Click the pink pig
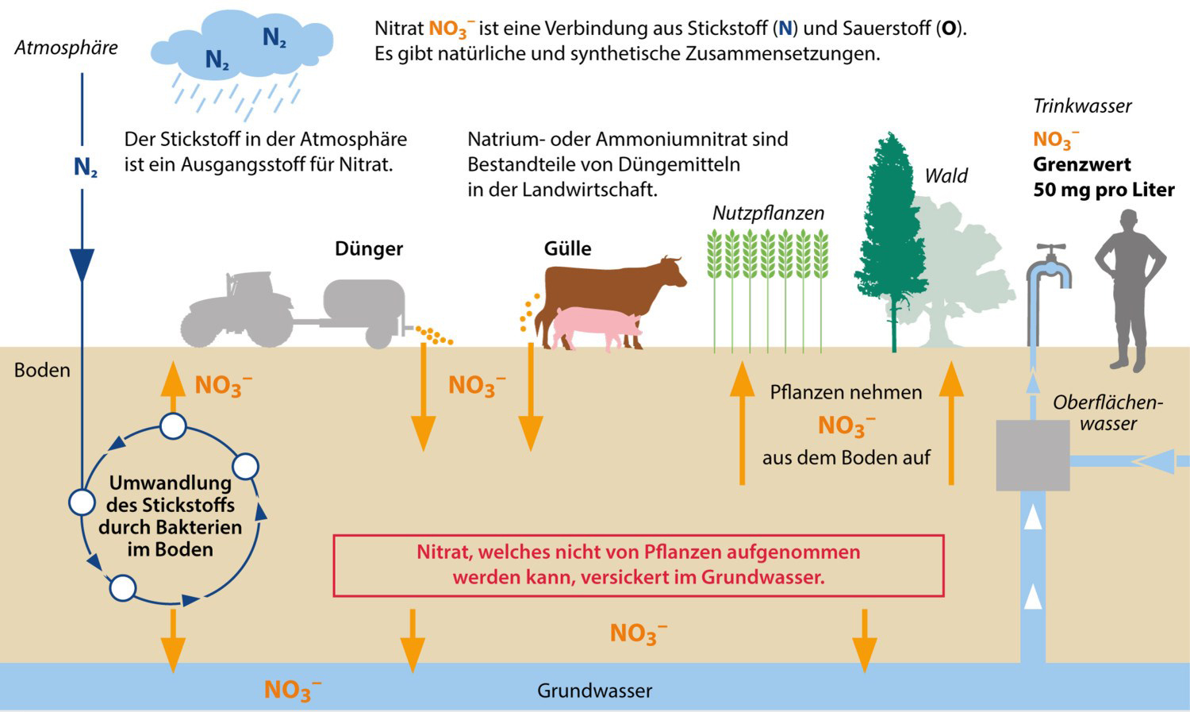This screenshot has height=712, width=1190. click(x=595, y=326)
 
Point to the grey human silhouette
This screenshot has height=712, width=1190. click(x=1130, y=286)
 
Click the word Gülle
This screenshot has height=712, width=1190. click(x=567, y=248)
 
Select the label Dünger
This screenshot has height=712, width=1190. click(x=369, y=248)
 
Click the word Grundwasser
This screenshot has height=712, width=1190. click(x=594, y=691)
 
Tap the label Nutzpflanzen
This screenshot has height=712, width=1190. click(x=767, y=213)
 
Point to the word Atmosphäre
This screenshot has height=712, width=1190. click(x=66, y=48)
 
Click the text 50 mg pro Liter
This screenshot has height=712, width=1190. click(x=1104, y=191)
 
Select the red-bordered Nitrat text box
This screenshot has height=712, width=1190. click(x=639, y=565)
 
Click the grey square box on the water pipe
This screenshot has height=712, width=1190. click(x=1032, y=455)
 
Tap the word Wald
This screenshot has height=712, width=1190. click(x=946, y=175)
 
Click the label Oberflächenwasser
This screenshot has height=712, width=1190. click(x=1107, y=413)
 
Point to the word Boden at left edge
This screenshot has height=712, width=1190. click(x=42, y=370)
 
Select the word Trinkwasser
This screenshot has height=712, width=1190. click(x=1082, y=106)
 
